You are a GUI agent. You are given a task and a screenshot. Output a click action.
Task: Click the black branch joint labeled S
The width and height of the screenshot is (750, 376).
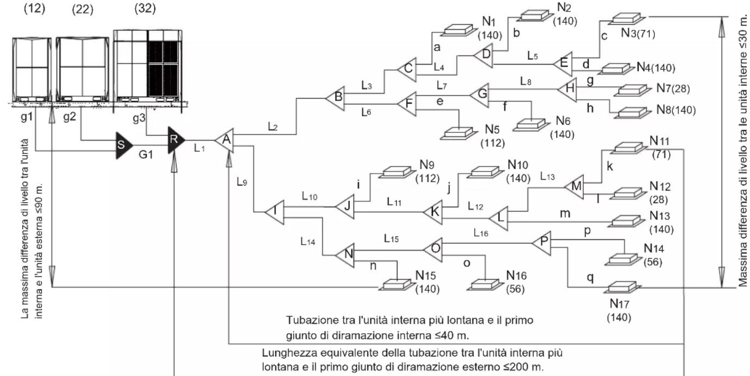pyautogui.click(x=123, y=145)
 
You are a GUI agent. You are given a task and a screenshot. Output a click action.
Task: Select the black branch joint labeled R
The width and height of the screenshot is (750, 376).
pyautogui.click(x=175, y=140)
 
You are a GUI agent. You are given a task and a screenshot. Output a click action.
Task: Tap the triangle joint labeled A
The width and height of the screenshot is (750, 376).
pyautogui.click(x=225, y=140)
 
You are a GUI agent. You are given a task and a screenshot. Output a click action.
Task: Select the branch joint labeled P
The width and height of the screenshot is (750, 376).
pyautogui.click(x=542, y=243)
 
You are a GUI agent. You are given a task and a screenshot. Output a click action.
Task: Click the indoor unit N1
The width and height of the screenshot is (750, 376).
pyautogui.click(x=457, y=30)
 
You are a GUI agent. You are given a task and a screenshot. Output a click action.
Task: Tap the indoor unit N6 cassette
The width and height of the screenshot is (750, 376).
pyautogui.click(x=531, y=124)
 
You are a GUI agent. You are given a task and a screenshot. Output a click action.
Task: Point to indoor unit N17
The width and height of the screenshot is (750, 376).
pyautogui.click(x=622, y=288)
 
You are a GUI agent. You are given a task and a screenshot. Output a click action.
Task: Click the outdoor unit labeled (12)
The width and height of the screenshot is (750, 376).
pyautogui.click(x=32, y=69)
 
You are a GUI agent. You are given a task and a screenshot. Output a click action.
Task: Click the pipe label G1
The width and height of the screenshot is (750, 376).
pyautogui.click(x=146, y=155)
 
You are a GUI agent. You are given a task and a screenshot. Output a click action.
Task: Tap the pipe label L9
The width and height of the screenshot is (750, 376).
pyautogui.click(x=242, y=182)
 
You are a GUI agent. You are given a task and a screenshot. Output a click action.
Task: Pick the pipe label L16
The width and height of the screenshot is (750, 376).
pyautogui.click(x=481, y=233)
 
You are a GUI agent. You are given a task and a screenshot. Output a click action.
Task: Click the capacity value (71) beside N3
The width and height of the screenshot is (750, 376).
pyautogui.click(x=645, y=34)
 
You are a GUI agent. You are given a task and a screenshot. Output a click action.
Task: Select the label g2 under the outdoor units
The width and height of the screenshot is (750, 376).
pyautogui.click(x=70, y=117)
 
